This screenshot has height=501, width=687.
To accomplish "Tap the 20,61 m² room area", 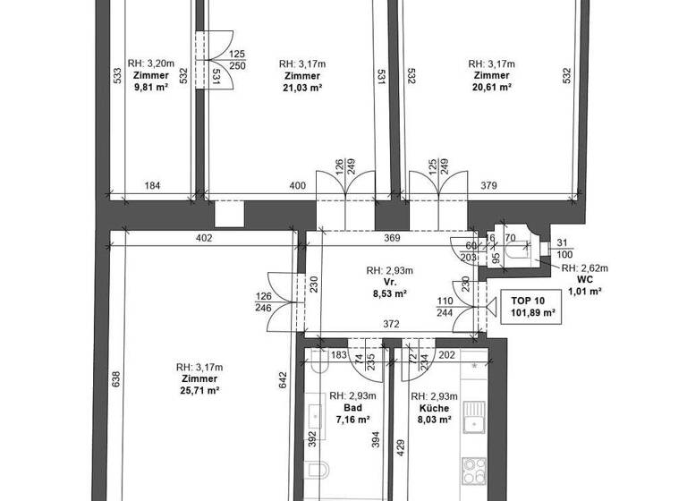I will pos(491,88).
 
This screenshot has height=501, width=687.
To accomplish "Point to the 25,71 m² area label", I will pos(199,391).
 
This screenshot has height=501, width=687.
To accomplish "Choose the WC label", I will pos(586,279).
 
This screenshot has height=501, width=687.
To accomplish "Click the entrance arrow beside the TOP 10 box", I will pos(490,308).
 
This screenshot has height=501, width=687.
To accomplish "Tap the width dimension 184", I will pos(152,185).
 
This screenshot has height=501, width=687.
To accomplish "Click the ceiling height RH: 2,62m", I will pos(586,267).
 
